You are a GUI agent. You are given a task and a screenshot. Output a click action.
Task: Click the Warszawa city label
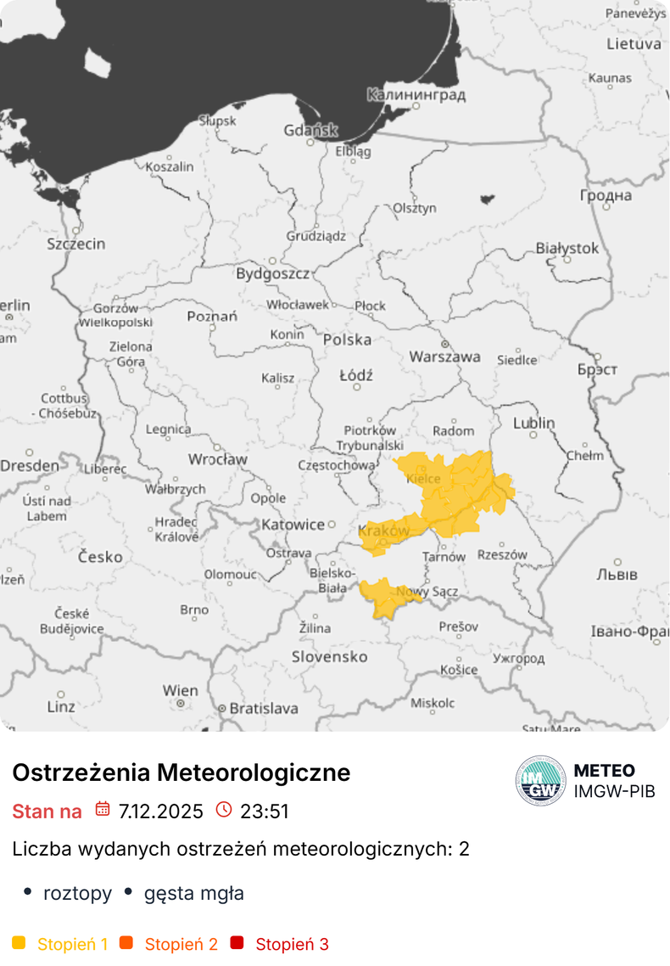point(444,357)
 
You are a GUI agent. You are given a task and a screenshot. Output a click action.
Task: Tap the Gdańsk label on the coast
point(310,131)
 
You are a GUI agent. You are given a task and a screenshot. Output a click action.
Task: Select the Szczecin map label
point(76,244)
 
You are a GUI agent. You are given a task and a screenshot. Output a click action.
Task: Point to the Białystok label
point(567,249)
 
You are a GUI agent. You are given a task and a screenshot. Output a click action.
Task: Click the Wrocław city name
point(217,459)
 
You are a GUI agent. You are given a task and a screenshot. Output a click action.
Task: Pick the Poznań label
point(212,317)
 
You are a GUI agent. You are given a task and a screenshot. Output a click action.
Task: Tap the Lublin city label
point(533,423)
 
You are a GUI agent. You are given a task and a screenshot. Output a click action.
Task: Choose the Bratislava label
point(264,708)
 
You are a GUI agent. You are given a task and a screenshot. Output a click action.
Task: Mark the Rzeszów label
point(502,555)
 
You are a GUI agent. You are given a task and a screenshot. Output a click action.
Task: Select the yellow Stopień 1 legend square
point(20,943)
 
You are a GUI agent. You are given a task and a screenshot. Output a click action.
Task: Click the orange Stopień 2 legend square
point(126,943)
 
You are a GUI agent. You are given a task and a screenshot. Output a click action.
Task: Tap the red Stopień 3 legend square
point(237,943)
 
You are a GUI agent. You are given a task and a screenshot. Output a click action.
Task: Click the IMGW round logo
point(540,780)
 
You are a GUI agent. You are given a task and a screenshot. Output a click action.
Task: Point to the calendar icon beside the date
point(103,809)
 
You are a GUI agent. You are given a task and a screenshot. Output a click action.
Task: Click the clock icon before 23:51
point(224,809)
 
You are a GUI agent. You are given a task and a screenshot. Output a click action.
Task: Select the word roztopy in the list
point(77,893)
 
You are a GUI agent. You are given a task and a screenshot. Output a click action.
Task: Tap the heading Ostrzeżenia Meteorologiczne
point(181,772)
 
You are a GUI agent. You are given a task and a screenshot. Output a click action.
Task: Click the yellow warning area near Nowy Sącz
point(387,596)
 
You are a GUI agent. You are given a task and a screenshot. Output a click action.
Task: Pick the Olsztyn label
point(415,208)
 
